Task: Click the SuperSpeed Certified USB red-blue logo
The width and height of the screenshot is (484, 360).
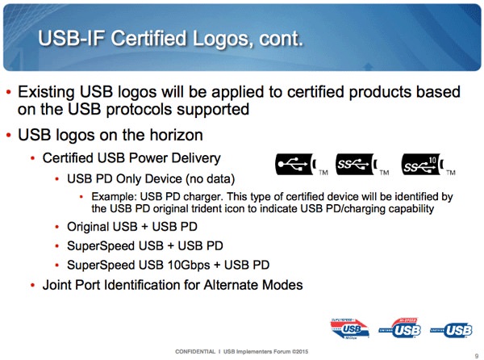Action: pyautogui.click(x=350, y=329)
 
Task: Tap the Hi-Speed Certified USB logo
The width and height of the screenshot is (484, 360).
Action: pyautogui.click(x=400, y=328)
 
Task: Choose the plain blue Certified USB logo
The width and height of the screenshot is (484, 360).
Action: pyautogui.click(x=451, y=330)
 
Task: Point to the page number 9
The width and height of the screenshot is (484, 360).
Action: pyautogui.click(x=476, y=356)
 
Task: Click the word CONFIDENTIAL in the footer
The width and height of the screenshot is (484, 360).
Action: pyautogui.click(x=195, y=351)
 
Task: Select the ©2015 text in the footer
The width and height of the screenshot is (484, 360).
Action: pyautogui.click(x=300, y=351)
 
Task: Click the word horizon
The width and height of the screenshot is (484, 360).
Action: pyautogui.click(x=176, y=135)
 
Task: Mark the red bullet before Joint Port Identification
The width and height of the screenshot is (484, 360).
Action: pyautogui.click(x=33, y=285)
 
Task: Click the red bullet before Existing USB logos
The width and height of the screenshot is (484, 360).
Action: pyautogui.click(x=9, y=92)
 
